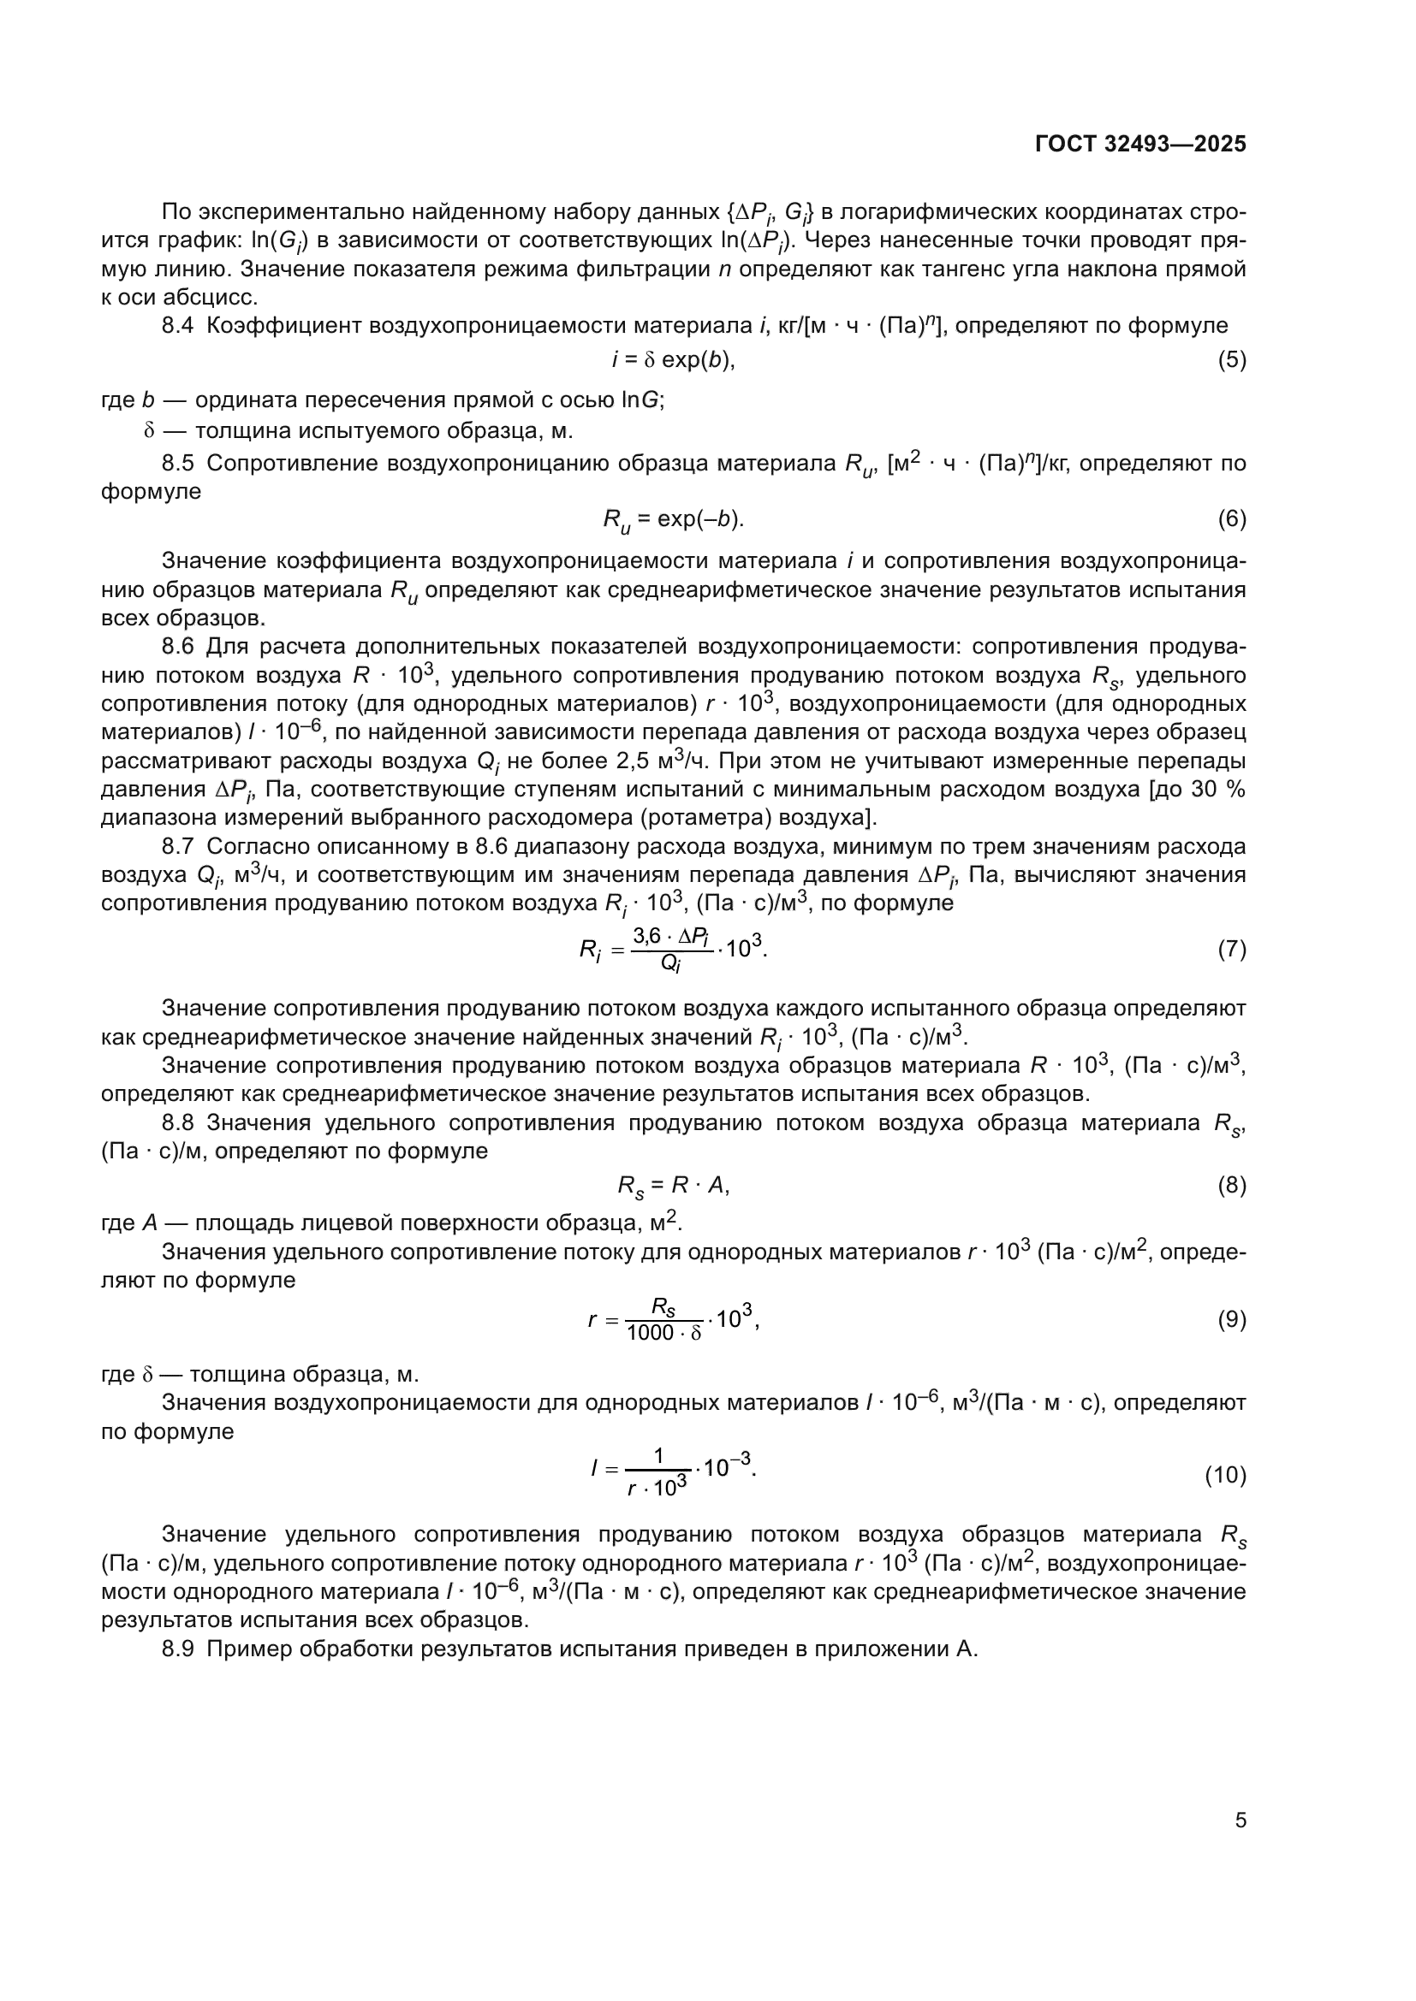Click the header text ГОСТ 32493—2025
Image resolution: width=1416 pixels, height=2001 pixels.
coord(1140,145)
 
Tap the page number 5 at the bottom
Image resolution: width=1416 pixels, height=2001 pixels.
coord(1240,1820)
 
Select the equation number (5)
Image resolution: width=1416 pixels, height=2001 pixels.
coord(1231,360)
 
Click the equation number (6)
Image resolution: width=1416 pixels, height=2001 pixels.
coord(1231,519)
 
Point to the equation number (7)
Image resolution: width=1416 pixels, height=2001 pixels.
coord(1231,949)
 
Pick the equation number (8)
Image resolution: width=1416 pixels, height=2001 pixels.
coord(1231,1185)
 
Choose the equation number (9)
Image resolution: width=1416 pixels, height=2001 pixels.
coord(1231,1319)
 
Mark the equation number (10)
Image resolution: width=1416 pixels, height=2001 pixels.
coord(1225,1475)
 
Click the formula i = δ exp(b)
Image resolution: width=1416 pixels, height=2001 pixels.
coord(673,360)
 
